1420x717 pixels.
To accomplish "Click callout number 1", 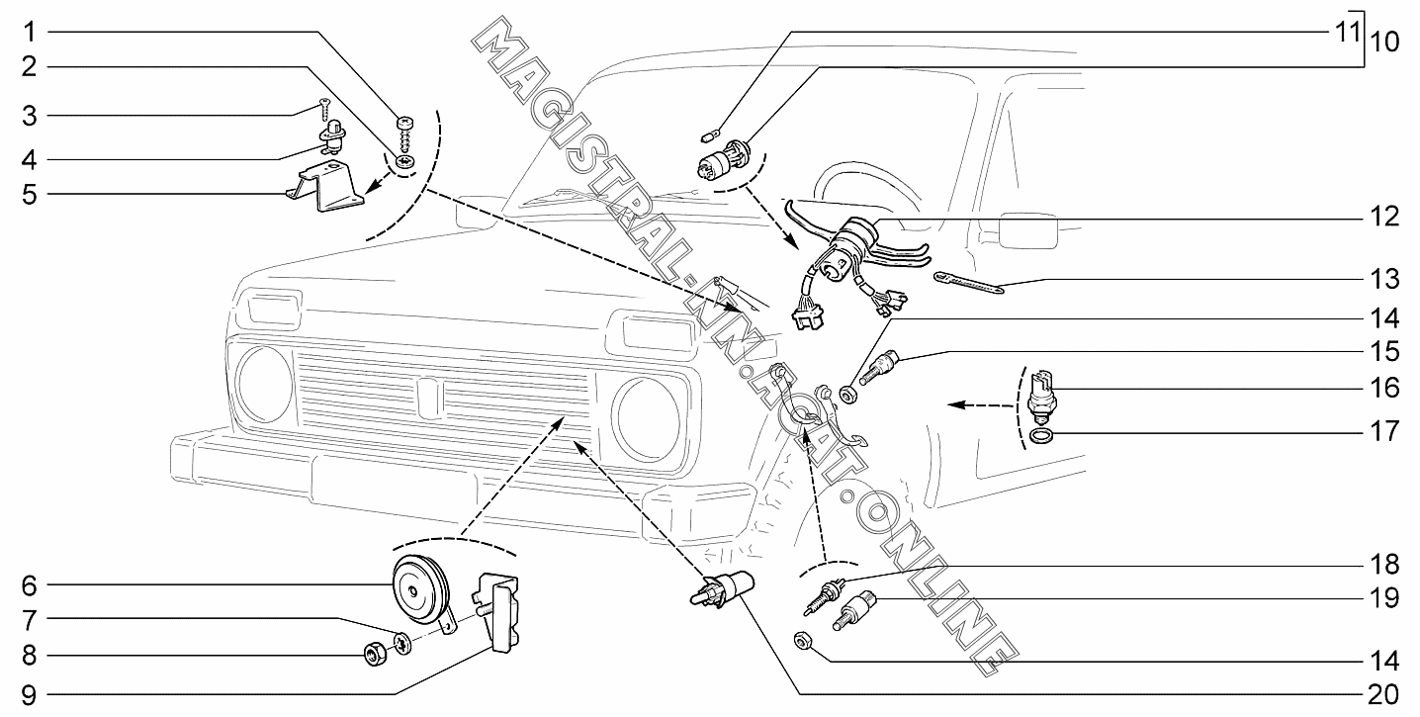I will tap(30, 32).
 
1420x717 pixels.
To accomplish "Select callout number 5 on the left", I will tap(30, 194).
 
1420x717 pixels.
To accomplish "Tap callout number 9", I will tap(30, 693).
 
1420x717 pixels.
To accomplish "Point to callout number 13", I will tap(1385, 280).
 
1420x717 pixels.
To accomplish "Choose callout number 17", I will tap(1385, 432).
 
